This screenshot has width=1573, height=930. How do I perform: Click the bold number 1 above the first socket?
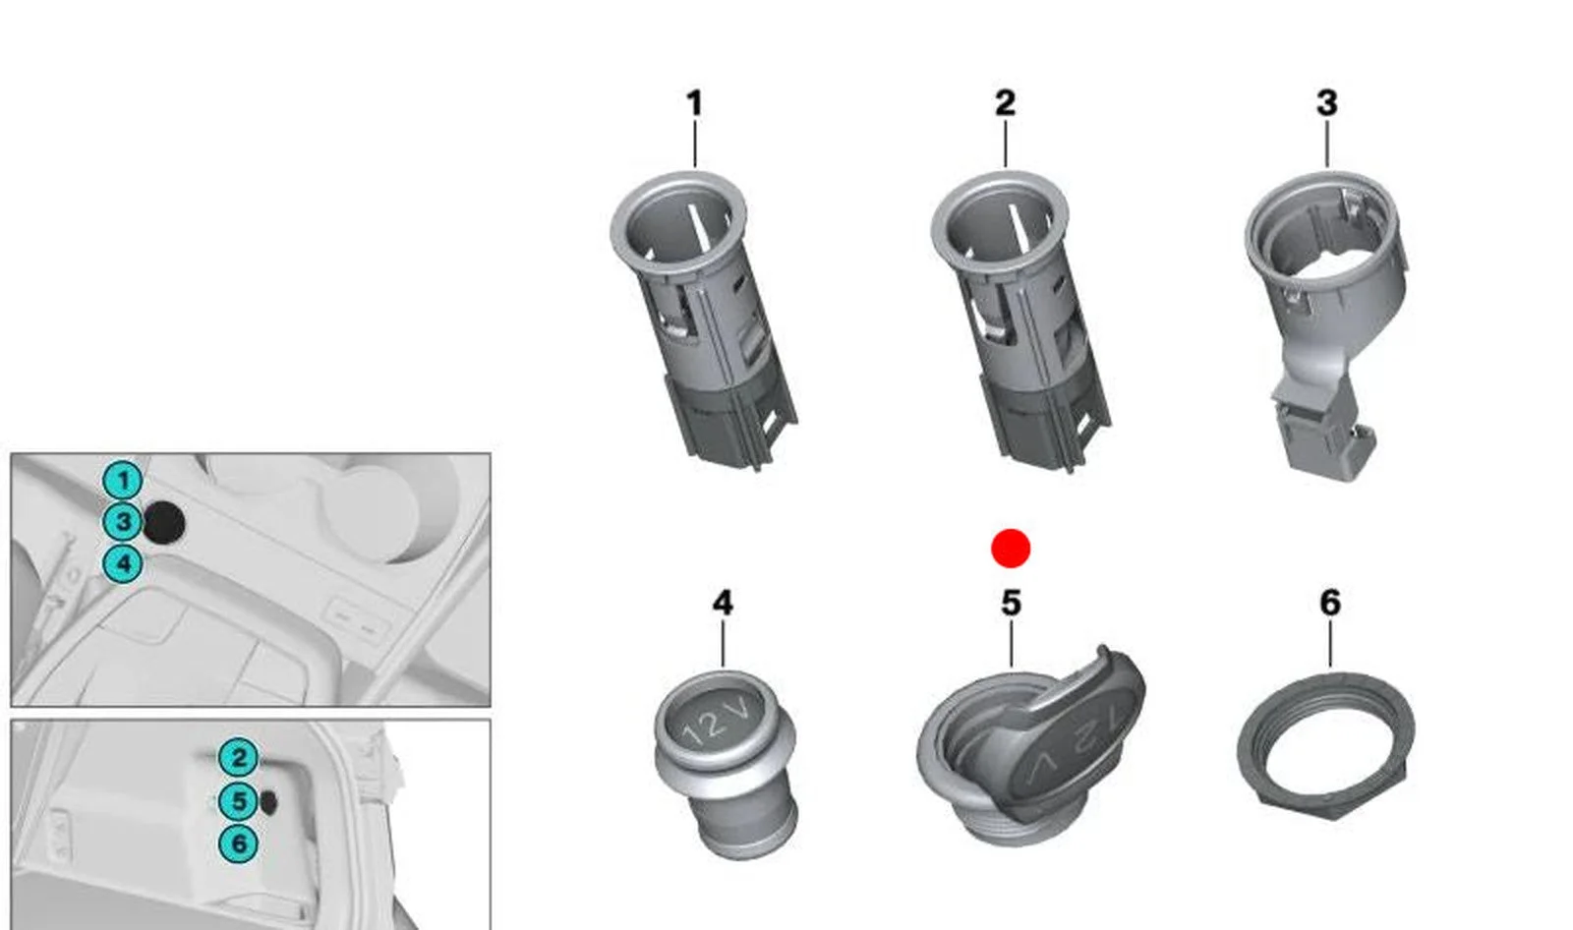point(694,104)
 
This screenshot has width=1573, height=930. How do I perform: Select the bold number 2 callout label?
point(1005,103)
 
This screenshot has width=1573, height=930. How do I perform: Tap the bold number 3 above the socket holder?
point(1326,103)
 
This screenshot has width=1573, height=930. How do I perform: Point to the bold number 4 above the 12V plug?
point(723,604)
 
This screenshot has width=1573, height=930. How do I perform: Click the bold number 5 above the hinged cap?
point(1011,604)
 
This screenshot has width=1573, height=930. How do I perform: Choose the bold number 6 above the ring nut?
point(1330,603)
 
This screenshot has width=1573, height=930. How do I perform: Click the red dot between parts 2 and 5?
point(1011,549)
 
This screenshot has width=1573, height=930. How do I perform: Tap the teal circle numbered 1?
point(123,481)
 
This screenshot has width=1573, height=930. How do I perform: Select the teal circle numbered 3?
point(123,523)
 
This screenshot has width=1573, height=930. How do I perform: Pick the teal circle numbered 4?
point(123,564)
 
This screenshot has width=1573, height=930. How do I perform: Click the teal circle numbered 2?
point(239,758)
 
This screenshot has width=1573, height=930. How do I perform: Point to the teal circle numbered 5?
point(239,801)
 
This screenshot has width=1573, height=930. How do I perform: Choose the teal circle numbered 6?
point(239,843)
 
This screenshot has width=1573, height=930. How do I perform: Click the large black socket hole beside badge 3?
point(164,523)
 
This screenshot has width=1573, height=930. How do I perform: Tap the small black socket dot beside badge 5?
point(268,801)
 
